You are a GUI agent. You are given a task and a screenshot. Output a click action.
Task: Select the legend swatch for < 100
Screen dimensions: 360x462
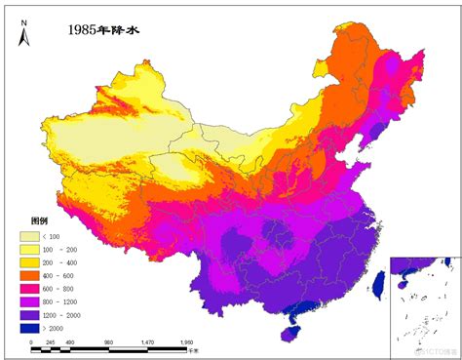point(32,237)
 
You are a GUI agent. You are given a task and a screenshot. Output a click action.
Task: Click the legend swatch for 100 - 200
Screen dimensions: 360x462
point(32,250)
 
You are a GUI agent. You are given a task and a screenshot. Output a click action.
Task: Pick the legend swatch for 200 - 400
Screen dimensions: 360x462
point(32,263)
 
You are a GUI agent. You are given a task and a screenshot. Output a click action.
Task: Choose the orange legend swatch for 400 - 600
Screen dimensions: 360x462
point(32,276)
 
